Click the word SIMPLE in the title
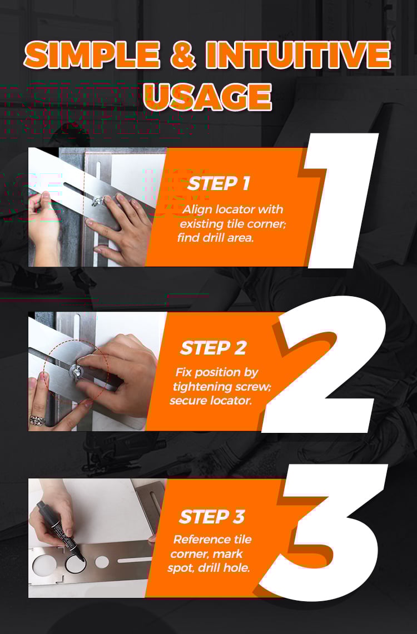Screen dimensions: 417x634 coord(92,54)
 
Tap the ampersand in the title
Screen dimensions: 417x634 coord(183,54)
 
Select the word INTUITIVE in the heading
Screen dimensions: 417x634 coord(299,54)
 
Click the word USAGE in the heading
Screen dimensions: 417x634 coord(208,97)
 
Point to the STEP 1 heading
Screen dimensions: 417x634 coord(219,183)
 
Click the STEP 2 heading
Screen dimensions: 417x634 coord(213,348)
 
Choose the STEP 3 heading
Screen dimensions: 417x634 coord(212,517)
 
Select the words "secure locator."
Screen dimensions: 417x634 coord(210,400)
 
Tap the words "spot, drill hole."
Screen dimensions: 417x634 coord(209,568)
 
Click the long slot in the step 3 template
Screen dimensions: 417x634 coord(135,561)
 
